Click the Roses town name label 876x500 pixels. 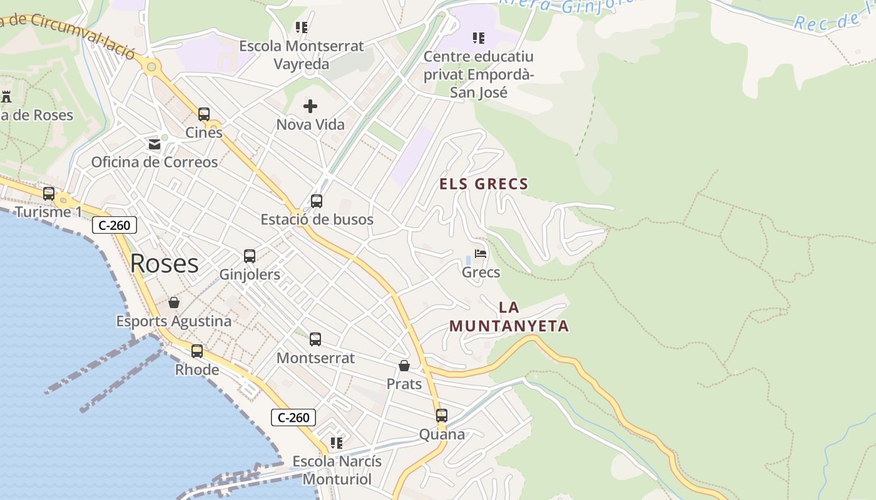[x=165, y=264]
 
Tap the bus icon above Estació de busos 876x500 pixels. [x=317, y=201]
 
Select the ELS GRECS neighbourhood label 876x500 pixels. [x=484, y=184]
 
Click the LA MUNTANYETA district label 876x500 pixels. [x=509, y=317]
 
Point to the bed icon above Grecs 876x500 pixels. [x=481, y=254]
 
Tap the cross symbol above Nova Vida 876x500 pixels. [x=310, y=106]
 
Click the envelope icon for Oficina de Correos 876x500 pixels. [x=155, y=144]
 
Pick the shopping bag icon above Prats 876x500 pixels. [x=404, y=366]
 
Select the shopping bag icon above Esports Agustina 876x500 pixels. [x=174, y=303]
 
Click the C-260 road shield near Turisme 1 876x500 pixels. [x=115, y=225]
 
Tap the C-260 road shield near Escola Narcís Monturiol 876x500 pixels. [x=293, y=417]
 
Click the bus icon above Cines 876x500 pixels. [x=204, y=114]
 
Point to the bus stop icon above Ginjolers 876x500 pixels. [x=250, y=256]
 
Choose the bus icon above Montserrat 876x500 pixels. [x=315, y=339]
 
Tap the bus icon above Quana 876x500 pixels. [x=442, y=416]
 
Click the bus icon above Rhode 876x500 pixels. [x=197, y=351]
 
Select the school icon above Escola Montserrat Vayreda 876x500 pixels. [x=302, y=27]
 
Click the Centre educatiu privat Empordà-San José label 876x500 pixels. [x=479, y=74]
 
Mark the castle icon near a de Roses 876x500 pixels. [x=7, y=97]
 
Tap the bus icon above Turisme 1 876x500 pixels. [x=49, y=194]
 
